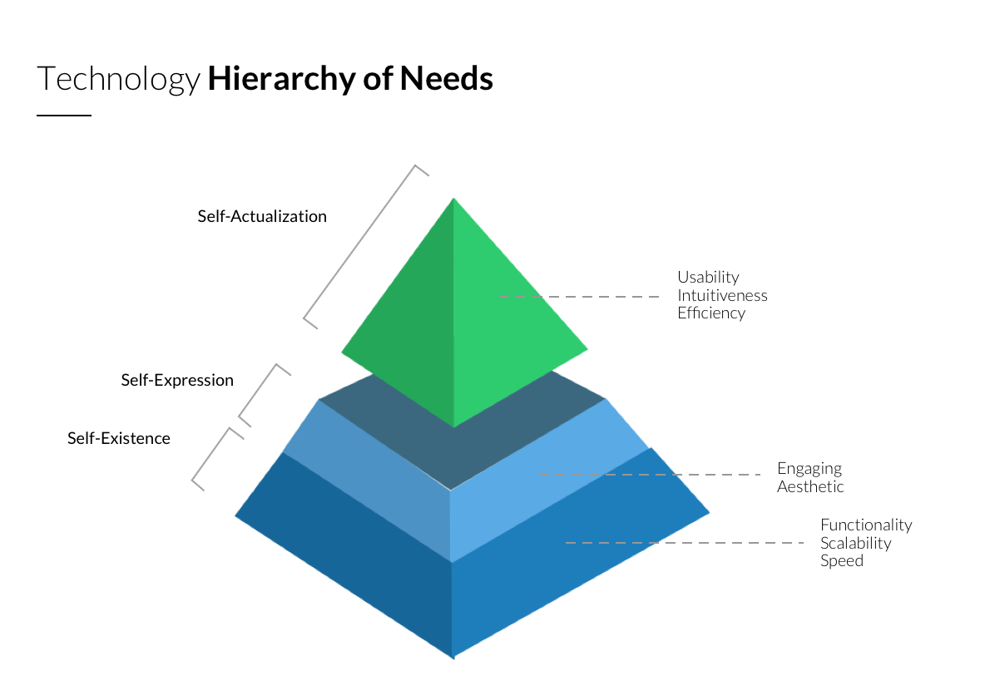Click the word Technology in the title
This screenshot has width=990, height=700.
[x=118, y=79]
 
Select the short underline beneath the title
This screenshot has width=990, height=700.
[x=64, y=116]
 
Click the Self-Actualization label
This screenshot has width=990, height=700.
[x=262, y=216]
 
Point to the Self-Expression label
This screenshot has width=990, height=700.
[x=177, y=380]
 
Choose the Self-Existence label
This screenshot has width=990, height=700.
[x=119, y=438]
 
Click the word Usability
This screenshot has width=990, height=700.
[x=708, y=277]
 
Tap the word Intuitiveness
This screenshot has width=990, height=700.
[x=722, y=295]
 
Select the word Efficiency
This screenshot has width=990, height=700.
[x=711, y=313]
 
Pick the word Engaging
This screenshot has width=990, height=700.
[x=809, y=469]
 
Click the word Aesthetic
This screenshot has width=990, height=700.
[x=810, y=487]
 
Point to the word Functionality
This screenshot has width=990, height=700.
[x=866, y=525]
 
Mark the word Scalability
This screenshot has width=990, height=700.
[x=856, y=543]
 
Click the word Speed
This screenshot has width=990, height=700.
[x=842, y=561]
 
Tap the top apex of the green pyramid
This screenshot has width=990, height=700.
[x=453, y=199]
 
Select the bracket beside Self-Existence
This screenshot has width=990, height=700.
[x=210, y=456]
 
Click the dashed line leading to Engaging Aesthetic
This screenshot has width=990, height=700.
[x=649, y=475]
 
